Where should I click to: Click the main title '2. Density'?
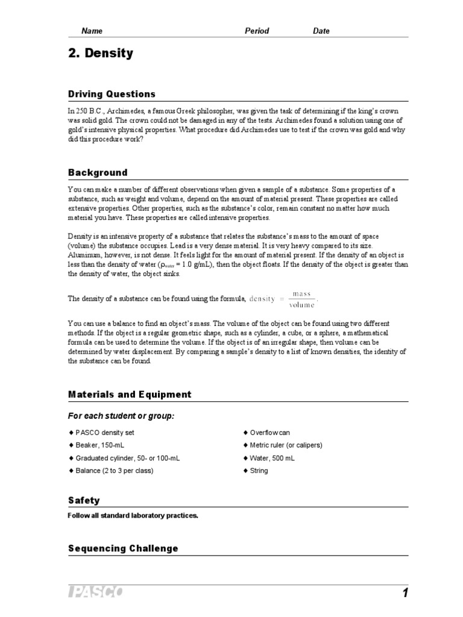tap(100, 54)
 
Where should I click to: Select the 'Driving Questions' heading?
tap(112, 94)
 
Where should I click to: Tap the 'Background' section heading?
tap(98, 172)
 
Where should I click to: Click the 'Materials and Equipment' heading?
tap(130, 395)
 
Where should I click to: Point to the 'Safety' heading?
tap(84, 501)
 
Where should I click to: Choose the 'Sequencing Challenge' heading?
tap(123, 548)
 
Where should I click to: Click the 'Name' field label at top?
tap(92, 31)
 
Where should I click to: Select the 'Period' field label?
tap(257, 31)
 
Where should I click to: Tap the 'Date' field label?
tap(321, 31)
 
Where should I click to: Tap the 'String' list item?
tap(259, 471)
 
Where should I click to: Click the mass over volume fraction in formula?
tap(301, 299)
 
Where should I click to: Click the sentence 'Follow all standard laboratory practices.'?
tap(133, 516)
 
